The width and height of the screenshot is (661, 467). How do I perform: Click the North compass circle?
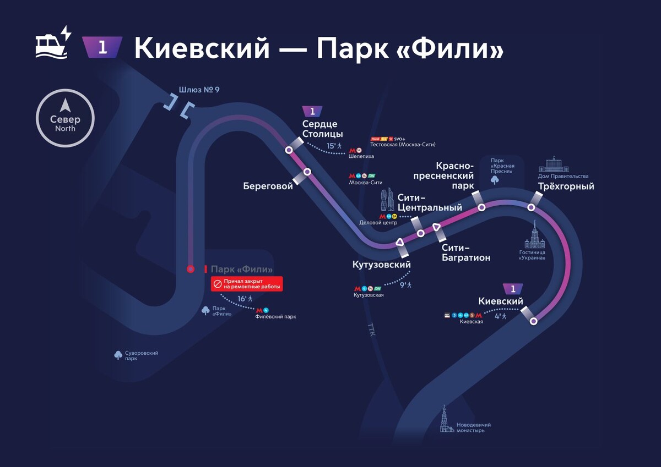[65, 118]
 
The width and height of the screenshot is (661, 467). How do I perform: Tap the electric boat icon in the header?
[53, 42]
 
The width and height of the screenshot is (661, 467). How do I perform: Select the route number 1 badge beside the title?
[102, 47]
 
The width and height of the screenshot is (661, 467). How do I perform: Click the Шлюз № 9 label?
[199, 90]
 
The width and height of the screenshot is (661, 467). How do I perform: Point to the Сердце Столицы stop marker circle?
[289, 150]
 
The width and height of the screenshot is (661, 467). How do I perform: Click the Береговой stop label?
[268, 186]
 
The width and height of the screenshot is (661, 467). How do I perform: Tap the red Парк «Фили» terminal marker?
[191, 269]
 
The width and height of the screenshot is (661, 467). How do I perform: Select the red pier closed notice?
[247, 284]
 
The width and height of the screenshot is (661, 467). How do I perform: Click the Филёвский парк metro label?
[275, 317]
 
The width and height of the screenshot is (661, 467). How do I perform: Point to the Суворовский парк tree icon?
[118, 355]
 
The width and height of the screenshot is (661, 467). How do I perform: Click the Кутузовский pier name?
[382, 265]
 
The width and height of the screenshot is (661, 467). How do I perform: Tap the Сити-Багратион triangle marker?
[436, 227]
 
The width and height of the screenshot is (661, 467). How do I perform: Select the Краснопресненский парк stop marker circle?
[481, 207]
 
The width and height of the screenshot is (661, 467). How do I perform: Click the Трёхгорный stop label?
[566, 186]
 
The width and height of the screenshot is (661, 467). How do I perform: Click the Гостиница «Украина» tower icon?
[533, 235]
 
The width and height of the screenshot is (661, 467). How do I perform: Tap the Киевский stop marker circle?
[533, 321]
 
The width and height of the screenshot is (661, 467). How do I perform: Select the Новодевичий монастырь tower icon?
[445, 419]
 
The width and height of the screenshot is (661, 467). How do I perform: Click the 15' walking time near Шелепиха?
[332, 146]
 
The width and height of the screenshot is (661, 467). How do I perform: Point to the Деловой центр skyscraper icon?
[388, 200]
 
